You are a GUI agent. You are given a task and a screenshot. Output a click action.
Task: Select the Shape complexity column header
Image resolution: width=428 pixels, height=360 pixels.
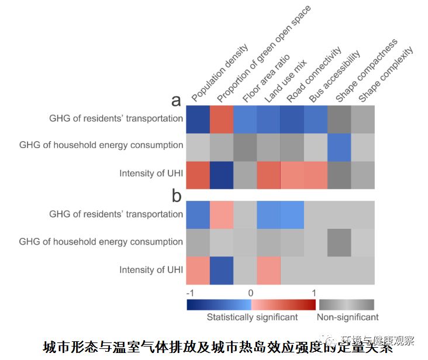[x=385, y=74]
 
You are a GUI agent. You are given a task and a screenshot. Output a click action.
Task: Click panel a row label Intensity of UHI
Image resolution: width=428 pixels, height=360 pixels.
[x=151, y=173]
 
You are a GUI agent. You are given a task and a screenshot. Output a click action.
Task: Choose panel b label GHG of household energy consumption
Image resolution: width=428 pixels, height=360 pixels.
[x=101, y=242]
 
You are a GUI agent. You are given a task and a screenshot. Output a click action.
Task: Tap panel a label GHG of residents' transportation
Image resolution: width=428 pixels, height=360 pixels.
[x=116, y=118]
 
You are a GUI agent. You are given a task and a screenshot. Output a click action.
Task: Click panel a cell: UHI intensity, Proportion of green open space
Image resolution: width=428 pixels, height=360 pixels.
[x=222, y=173]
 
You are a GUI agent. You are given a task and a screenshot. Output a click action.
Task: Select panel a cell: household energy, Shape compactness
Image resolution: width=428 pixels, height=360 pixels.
[x=339, y=146]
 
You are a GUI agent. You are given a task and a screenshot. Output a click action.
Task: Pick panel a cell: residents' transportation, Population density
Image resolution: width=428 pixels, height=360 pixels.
[x=198, y=118]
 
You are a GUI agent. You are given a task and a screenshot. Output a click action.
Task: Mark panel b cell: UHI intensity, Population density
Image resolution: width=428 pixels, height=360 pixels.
[x=198, y=270]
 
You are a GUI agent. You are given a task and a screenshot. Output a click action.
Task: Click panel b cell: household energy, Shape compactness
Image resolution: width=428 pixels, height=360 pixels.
[x=339, y=242]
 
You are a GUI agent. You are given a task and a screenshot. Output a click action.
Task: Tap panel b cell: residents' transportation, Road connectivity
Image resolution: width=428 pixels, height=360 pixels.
[x=292, y=214]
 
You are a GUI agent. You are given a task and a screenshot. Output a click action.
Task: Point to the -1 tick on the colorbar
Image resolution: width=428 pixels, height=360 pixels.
[x=189, y=292]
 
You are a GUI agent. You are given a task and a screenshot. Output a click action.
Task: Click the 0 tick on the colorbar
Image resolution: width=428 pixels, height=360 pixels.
[x=250, y=292]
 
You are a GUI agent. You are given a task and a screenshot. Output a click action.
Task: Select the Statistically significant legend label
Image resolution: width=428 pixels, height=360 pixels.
[x=252, y=317]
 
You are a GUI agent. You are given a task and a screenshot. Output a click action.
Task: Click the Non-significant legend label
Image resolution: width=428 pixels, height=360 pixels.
[x=347, y=317]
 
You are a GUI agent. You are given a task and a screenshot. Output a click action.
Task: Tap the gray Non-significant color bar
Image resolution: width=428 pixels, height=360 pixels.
[x=346, y=304]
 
